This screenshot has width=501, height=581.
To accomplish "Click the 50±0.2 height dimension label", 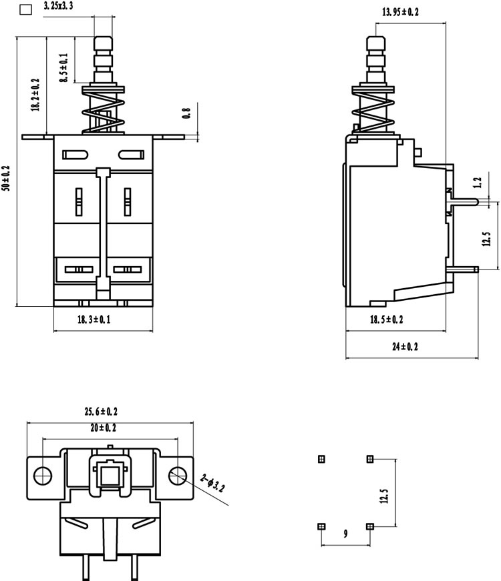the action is click(6, 178).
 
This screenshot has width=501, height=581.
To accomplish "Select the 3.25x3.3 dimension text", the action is click(58, 6).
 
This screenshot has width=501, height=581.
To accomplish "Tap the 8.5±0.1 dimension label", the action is click(64, 68).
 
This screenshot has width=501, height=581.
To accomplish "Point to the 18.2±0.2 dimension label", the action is click(35, 95).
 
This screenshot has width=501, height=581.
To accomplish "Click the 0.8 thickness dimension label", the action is click(186, 113).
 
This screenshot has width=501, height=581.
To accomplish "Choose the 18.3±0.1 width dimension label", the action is click(94, 320).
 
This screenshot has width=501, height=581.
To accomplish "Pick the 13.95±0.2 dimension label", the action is click(400, 12).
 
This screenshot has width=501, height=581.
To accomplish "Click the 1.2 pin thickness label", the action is click(478, 183).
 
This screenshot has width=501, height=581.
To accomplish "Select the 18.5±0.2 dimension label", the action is click(386, 320).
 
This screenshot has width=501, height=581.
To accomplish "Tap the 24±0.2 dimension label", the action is click(405, 347).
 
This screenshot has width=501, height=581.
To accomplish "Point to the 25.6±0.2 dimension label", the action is click(101, 412).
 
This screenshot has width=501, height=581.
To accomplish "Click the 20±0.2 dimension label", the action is click(103, 428).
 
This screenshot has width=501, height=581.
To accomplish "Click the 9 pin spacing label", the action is click(346, 534).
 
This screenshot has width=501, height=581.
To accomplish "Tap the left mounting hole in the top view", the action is click(43, 475).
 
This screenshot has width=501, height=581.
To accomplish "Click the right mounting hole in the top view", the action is click(178, 475).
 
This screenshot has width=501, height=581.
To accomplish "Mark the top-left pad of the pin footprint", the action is click(322, 459).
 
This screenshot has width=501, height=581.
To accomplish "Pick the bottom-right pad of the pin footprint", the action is click(369, 526).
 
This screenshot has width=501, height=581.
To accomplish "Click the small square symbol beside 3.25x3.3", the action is click(25, 9).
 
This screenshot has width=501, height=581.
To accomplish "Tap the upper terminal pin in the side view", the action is click(463, 201).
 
